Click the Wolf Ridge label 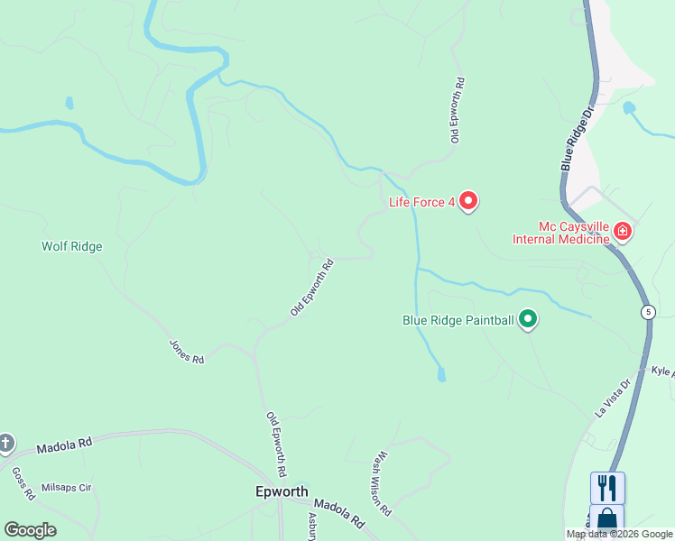coord(72,246)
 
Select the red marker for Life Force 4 coord(467,201)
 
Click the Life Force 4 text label coord(421,202)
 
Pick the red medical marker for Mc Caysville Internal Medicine coord(622,232)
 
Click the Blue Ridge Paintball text coord(458,320)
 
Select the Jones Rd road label coord(187,351)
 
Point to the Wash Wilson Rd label coord(383,483)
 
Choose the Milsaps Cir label coord(67,488)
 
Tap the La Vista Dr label coord(610,398)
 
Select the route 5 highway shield coord(648,312)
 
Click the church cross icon coord(5,443)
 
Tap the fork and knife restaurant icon coord(607,488)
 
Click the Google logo coord(30,530)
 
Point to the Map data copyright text coord(620,534)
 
